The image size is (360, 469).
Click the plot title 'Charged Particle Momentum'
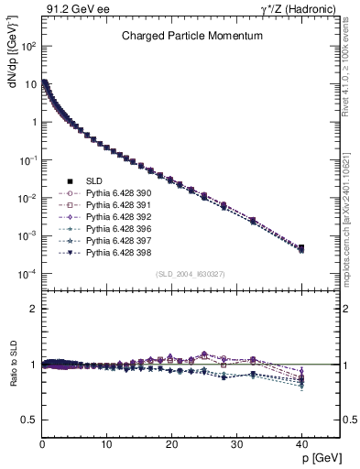[192, 36]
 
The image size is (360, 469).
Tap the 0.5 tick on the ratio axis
[29, 420]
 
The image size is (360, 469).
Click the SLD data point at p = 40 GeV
[300, 247]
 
